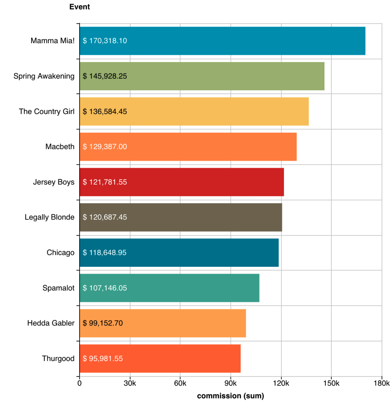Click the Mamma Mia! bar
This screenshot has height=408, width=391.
222,41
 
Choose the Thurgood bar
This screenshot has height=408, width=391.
160,358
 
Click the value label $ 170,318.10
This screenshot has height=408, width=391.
105,41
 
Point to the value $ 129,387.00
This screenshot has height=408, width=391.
105,147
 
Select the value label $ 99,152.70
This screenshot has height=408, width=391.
103,323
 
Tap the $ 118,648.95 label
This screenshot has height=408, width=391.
105,253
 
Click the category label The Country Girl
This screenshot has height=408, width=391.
46,111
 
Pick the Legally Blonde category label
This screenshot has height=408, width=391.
49,217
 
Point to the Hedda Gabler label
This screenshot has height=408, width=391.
51,323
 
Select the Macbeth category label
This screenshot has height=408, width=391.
60,147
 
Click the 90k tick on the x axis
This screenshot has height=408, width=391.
230,383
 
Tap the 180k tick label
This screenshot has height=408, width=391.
381,383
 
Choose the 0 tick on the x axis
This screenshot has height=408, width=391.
79,383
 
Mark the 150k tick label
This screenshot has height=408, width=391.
331,383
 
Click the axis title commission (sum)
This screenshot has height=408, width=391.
230,396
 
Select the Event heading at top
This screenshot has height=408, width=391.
80,7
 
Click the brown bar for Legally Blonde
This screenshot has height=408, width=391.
181,217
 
